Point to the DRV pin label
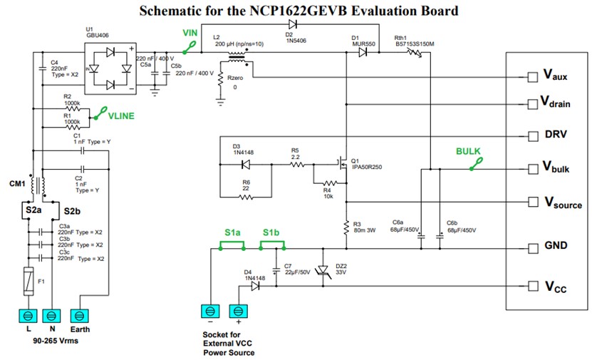(556, 135)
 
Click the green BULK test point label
(469, 152)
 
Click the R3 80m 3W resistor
(346, 227)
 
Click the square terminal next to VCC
(532, 287)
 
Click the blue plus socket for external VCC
(237, 311)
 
